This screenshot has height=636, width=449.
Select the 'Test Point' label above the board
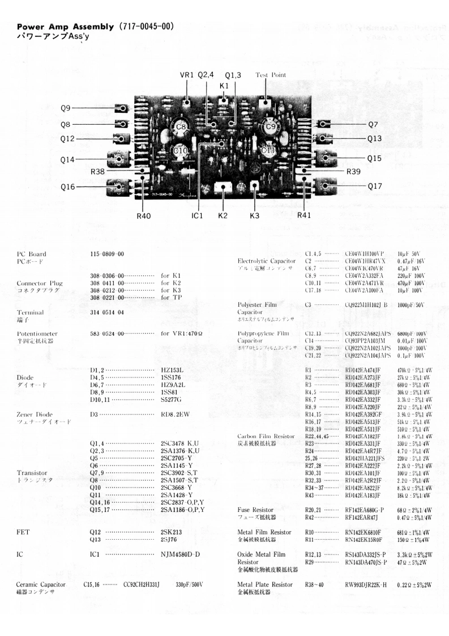tap(271, 75)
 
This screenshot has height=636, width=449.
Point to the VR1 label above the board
tap(187, 75)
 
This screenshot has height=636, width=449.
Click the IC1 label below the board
tap(198, 215)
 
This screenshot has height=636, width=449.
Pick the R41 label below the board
tap(305, 215)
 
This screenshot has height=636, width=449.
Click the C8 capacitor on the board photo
tap(181, 128)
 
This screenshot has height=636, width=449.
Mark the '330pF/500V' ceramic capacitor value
tap(190, 584)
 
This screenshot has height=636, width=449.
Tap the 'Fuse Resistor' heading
tap(257, 510)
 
